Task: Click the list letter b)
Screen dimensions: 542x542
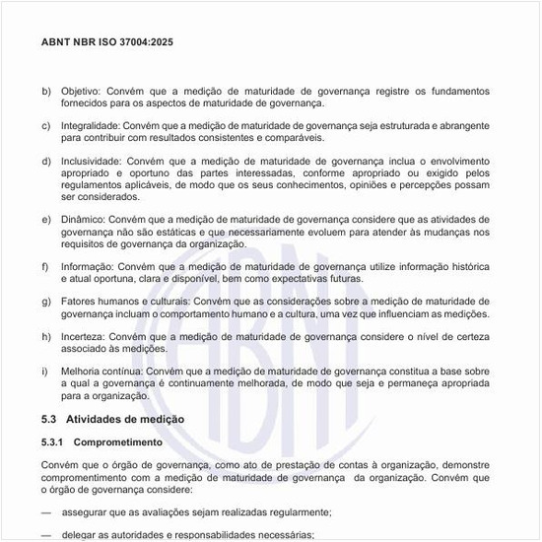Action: click(46, 92)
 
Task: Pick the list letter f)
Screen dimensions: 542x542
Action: click(45, 266)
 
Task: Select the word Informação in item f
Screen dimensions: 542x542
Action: click(88, 266)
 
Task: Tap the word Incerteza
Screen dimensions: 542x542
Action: click(84, 336)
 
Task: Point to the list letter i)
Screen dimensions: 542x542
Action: click(44, 371)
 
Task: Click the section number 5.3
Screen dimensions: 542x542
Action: click(50, 420)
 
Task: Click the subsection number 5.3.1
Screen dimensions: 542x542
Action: click(53, 443)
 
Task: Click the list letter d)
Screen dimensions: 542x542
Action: click(46, 161)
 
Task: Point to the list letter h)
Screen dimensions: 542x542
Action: click(46, 336)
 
